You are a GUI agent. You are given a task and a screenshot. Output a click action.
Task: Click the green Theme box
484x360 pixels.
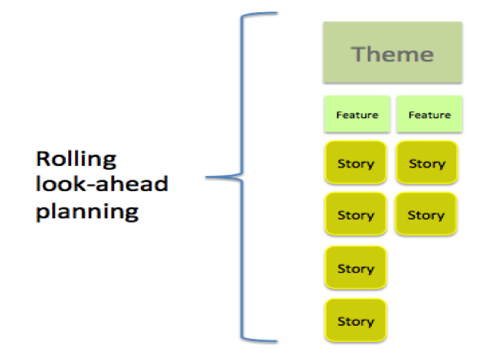click(392, 52)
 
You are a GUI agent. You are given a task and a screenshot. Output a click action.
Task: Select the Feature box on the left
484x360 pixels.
click(358, 114)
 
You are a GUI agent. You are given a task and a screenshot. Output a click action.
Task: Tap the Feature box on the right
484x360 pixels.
click(429, 114)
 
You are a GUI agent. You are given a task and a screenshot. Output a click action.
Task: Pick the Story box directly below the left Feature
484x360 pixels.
click(355, 163)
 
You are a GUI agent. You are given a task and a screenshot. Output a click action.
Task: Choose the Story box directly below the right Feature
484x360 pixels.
click(427, 163)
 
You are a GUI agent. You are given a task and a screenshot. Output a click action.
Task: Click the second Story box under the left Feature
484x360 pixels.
click(355, 214)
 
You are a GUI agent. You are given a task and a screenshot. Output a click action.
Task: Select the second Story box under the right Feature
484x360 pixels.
click(426, 214)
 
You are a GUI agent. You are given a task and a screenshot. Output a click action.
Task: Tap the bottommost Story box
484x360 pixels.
click(355, 321)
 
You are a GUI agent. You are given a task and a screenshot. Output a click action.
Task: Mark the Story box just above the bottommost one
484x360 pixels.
click(355, 268)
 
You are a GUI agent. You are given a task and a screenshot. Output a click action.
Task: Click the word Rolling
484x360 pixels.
click(77, 160)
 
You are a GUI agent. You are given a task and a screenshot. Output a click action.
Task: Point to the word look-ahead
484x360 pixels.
click(101, 183)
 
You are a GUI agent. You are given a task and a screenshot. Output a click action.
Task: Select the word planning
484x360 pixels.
click(87, 211)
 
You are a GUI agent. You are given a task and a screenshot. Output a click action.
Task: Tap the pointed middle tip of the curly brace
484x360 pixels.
click(206, 177)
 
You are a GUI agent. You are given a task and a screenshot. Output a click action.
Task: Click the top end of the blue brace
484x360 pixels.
click(277, 13)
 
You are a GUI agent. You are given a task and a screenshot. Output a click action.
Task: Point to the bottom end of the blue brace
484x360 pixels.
click(277, 341)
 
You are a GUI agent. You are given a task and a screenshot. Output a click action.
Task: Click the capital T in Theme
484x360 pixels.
click(360, 54)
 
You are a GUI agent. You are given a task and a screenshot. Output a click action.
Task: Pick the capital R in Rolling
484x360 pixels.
click(43, 158)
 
